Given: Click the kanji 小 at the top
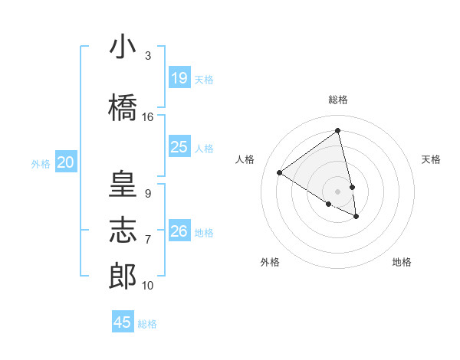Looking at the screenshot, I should pyautogui.click(x=123, y=47).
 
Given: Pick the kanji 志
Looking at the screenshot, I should pyautogui.click(x=123, y=231).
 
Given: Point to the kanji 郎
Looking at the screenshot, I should pyautogui.click(x=123, y=277).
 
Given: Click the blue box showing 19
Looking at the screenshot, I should pyautogui.click(x=179, y=78).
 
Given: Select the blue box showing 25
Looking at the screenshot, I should pyautogui.click(x=179, y=147).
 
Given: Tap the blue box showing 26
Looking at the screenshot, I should pyautogui.click(x=179, y=231).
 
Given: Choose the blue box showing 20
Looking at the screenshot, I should pyautogui.click(x=66, y=162).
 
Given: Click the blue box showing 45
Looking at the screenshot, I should pyautogui.click(x=123, y=322).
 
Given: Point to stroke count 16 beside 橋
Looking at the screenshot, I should pyautogui.click(x=148, y=117).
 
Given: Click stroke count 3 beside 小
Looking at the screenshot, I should pyautogui.click(x=148, y=56).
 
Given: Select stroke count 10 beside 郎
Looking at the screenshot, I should pyautogui.click(x=148, y=286).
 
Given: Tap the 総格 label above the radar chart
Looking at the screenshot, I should pyautogui.click(x=338, y=100).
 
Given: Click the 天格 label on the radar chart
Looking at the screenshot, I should pyautogui.click(x=431, y=159).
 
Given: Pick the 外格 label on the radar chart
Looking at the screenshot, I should pyautogui.click(x=270, y=262).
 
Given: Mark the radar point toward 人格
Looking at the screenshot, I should pyautogui.click(x=279, y=172).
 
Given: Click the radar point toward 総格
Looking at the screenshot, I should pyautogui.click(x=338, y=130).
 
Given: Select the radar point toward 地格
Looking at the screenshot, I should pyautogui.click(x=356, y=217).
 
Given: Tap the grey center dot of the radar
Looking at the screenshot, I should pyautogui.click(x=338, y=191).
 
